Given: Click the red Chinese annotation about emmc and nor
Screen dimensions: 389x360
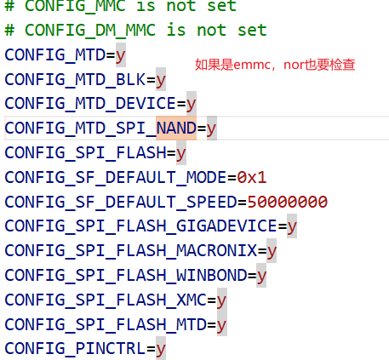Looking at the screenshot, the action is (275, 65).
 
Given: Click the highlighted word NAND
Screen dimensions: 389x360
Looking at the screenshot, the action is (176, 128).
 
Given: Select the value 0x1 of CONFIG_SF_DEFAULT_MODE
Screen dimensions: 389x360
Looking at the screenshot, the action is (252, 178).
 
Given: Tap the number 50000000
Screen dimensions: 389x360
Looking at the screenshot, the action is (288, 202).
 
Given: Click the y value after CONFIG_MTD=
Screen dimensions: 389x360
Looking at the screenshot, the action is (120, 55).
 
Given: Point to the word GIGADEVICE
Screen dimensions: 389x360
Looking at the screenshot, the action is (226, 226).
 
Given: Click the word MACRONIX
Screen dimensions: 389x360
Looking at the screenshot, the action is (216, 251).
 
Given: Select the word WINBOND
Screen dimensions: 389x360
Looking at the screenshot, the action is (211, 275).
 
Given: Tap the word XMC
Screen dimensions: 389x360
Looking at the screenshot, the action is (192, 300).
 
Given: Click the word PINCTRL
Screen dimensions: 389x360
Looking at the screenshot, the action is (111, 348).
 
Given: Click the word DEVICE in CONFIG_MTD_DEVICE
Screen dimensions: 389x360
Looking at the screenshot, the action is (146, 104).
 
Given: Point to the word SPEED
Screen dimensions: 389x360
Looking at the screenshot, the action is (211, 202).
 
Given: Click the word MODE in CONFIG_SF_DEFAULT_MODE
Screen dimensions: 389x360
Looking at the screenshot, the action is (206, 178).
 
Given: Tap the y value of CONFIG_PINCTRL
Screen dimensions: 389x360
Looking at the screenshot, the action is (161, 349).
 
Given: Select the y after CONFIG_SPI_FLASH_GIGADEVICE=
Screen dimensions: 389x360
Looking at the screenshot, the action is (292, 227).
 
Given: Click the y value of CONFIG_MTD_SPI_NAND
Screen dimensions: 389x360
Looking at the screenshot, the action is (211, 129).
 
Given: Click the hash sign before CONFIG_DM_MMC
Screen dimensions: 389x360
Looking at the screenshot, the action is (9, 30).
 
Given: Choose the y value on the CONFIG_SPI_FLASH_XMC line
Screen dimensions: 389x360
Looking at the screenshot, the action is (221, 300).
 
